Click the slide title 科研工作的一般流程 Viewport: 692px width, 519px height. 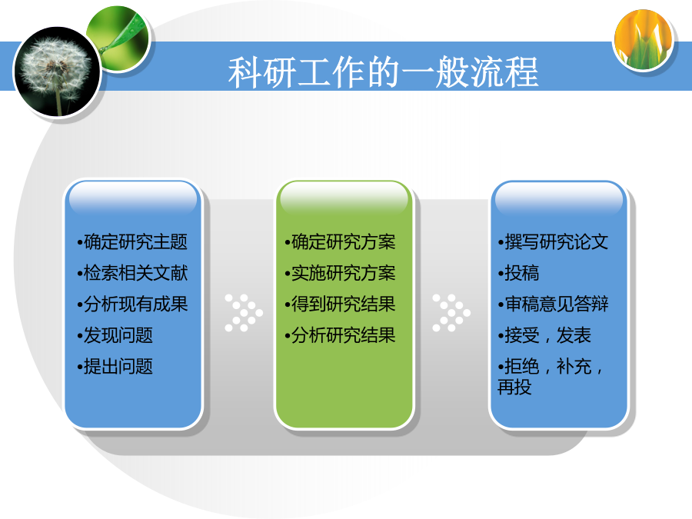(383, 72)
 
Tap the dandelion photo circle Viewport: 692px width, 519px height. (58, 72)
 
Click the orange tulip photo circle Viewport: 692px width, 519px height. (644, 40)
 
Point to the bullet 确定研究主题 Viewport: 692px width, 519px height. (132, 242)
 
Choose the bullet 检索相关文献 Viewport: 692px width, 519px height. (132, 273)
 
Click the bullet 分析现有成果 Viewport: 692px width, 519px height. (132, 304)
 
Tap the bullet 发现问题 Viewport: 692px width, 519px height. (115, 335)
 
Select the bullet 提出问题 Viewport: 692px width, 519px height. (115, 366)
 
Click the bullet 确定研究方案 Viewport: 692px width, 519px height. (341, 242)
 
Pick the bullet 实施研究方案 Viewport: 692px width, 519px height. (341, 273)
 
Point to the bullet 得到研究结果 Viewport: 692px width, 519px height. (341, 304)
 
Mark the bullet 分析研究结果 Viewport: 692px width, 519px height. (341, 335)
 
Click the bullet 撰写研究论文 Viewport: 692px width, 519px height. (553, 242)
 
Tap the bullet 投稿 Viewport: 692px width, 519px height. (518, 273)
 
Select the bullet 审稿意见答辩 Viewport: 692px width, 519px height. (553, 304)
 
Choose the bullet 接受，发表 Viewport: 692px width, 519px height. (544, 335)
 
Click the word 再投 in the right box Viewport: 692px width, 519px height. (514, 387)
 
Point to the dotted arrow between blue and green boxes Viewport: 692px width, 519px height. (244, 313)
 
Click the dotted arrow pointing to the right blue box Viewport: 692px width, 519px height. (451, 313)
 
